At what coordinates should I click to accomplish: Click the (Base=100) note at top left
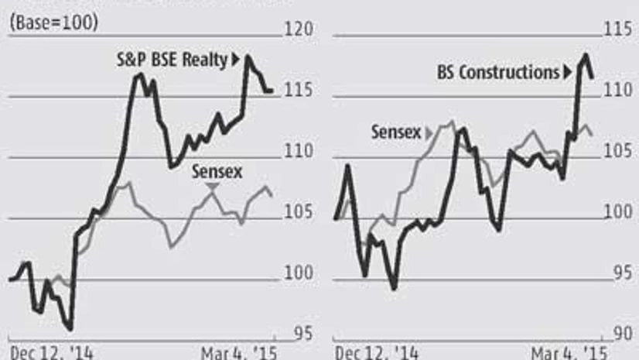(x=53, y=23)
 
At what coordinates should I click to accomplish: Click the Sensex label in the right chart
(x=395, y=132)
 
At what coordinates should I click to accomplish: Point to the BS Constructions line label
(x=493, y=73)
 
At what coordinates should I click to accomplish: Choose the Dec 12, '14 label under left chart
(x=50, y=352)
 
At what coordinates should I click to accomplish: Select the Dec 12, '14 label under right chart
(x=377, y=352)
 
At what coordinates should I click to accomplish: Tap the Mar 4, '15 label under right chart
(x=566, y=352)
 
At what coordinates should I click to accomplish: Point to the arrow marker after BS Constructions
(x=566, y=73)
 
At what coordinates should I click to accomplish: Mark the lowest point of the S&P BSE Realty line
(x=71, y=329)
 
